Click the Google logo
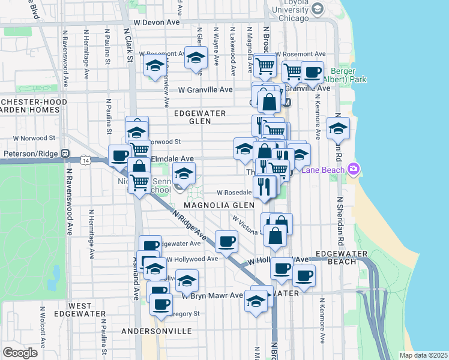point(20,353)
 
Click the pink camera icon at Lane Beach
point(353,170)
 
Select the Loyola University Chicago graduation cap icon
point(318,8)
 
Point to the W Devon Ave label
point(157,22)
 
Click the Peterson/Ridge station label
point(30,154)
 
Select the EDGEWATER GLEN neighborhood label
point(200,117)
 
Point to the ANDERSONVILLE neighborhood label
point(156,331)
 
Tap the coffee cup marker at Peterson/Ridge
point(119,155)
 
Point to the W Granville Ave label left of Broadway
point(205,89)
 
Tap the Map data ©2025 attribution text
point(424,355)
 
